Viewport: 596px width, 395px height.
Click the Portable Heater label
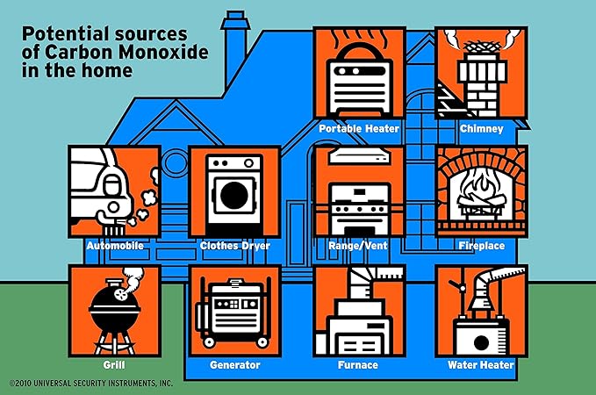[359, 129]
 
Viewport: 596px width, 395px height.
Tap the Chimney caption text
[482, 129]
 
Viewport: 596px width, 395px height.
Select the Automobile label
[115, 246]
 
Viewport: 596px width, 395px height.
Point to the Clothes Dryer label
[235, 246]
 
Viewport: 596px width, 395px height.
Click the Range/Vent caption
[358, 246]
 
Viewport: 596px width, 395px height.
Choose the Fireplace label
[482, 246]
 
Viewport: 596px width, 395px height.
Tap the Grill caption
[114, 365]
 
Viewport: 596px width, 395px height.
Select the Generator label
[235, 365]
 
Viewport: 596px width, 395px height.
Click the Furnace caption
[358, 365]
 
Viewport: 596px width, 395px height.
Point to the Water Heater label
[481, 365]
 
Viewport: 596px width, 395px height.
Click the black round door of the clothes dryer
[234, 195]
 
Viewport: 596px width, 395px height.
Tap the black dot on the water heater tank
[481, 343]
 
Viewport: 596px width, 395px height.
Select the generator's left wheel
[209, 342]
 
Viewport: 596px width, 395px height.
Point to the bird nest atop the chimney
[482, 47]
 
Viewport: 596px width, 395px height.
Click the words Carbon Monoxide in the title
[127, 52]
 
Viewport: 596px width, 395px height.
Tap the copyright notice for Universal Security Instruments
[91, 384]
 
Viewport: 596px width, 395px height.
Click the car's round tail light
[113, 207]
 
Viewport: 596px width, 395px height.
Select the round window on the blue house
[174, 162]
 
